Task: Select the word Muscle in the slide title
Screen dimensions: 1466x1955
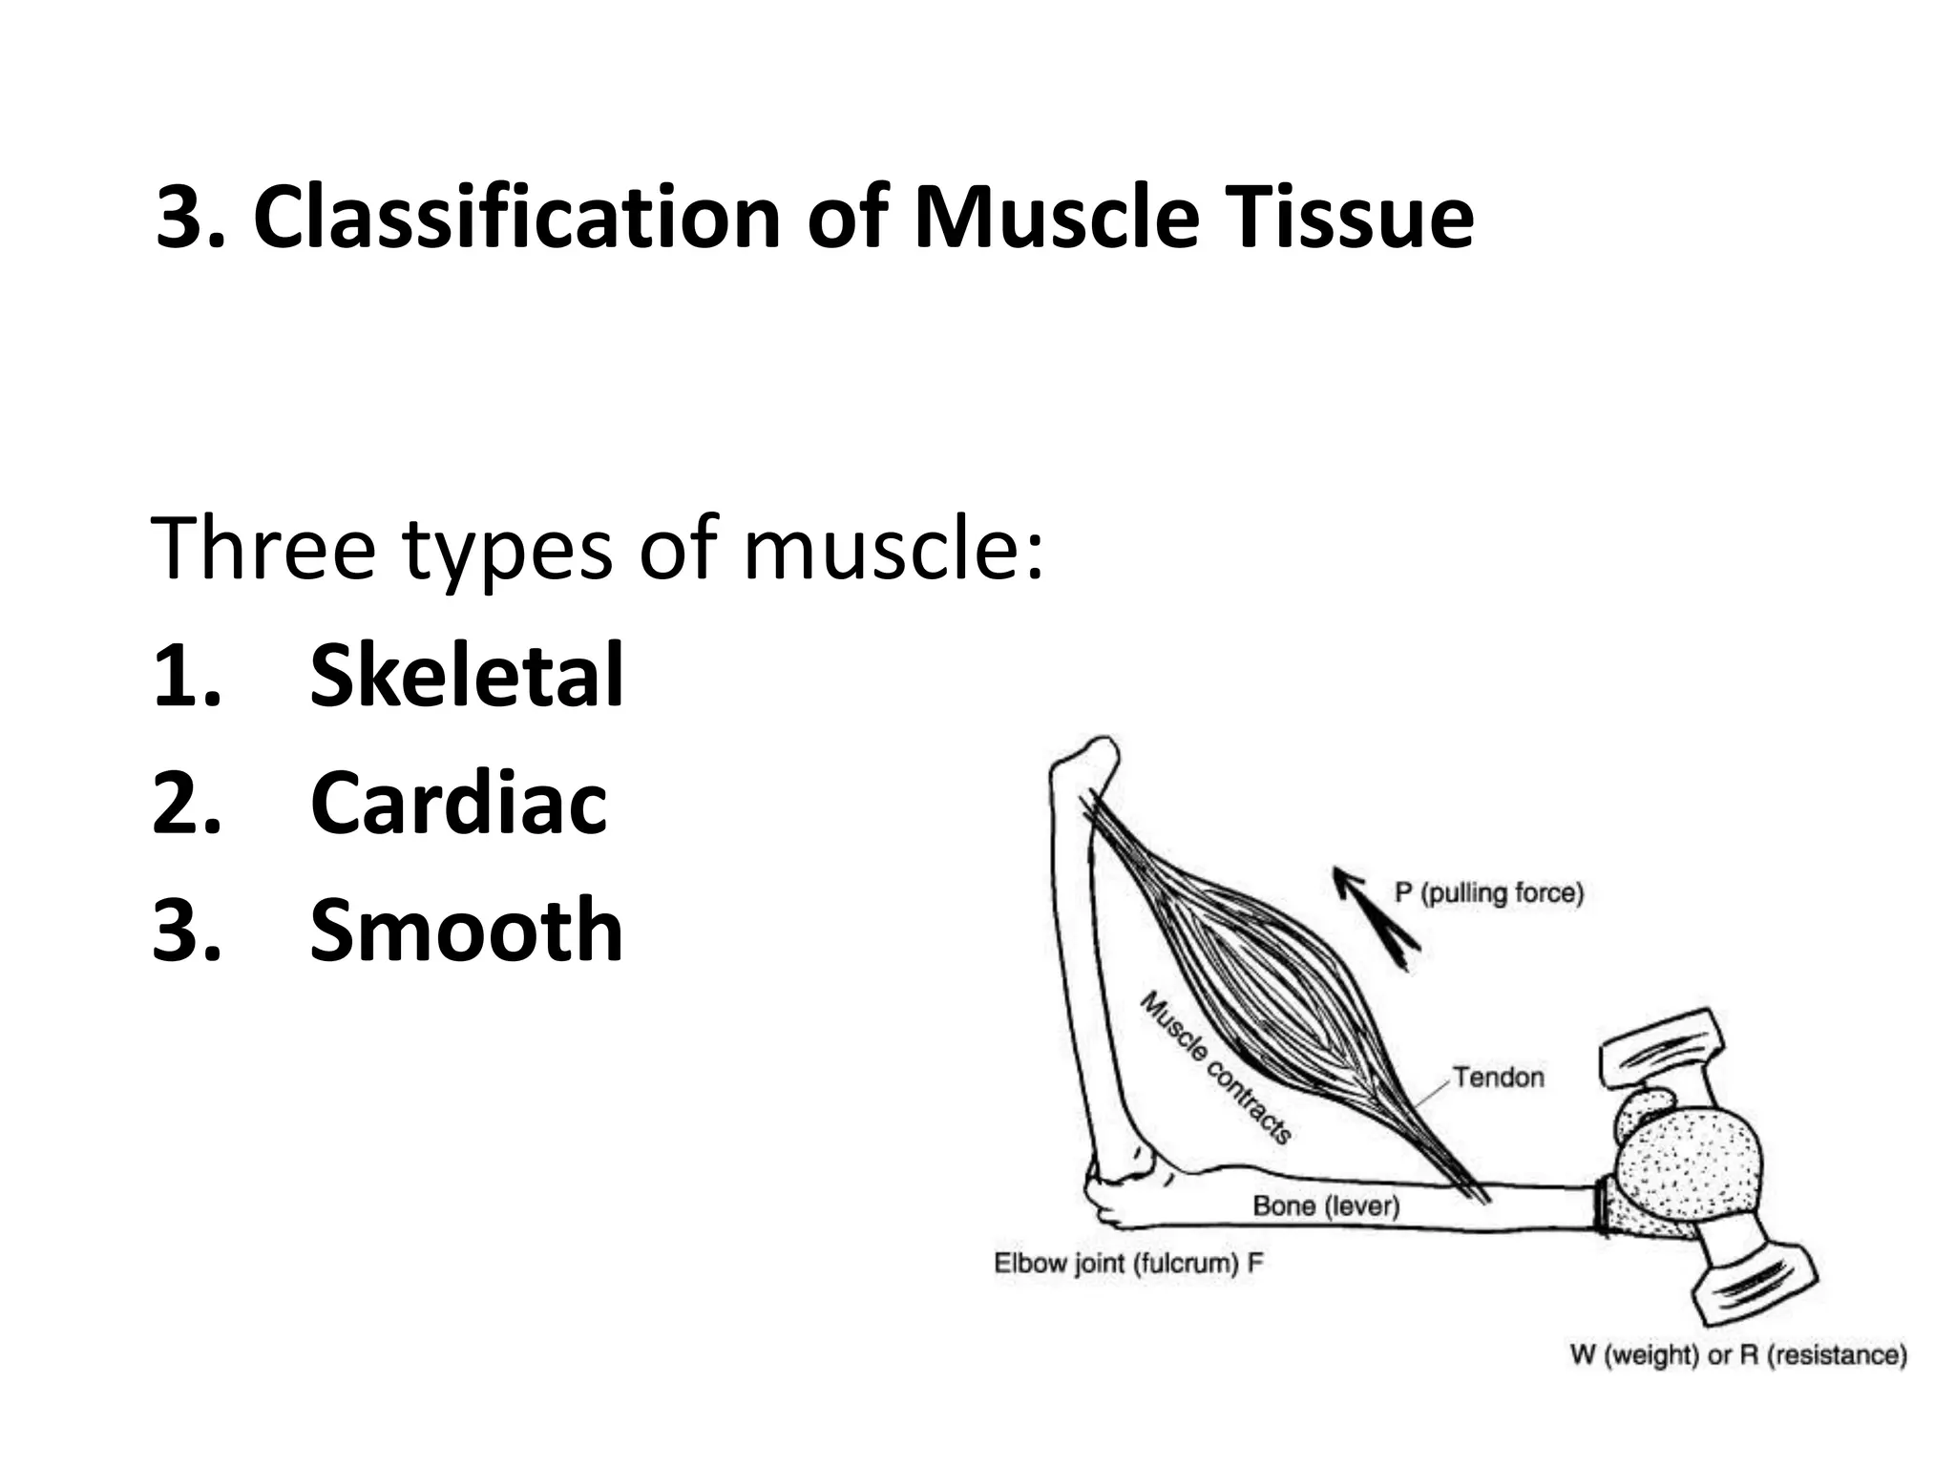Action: click(x=1056, y=218)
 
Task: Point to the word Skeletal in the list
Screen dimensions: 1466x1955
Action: click(x=466, y=676)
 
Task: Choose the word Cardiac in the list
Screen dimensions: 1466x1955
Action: click(x=458, y=804)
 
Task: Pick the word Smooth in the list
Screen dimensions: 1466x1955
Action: click(x=466, y=930)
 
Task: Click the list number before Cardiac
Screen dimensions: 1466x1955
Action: click(x=186, y=804)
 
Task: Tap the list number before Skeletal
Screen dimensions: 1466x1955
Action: click(x=186, y=676)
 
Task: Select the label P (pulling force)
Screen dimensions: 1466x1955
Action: click(x=1488, y=893)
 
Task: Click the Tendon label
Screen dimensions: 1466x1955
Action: click(x=1498, y=1078)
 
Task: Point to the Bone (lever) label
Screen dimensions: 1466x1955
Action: click(x=1326, y=1206)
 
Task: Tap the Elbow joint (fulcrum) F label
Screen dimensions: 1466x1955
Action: click(x=1128, y=1264)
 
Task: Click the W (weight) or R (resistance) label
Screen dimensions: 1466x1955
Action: click(x=1737, y=1355)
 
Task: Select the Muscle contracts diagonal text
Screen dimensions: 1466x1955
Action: click(x=1216, y=1067)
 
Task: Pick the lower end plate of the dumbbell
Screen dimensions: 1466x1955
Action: click(x=1753, y=1288)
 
